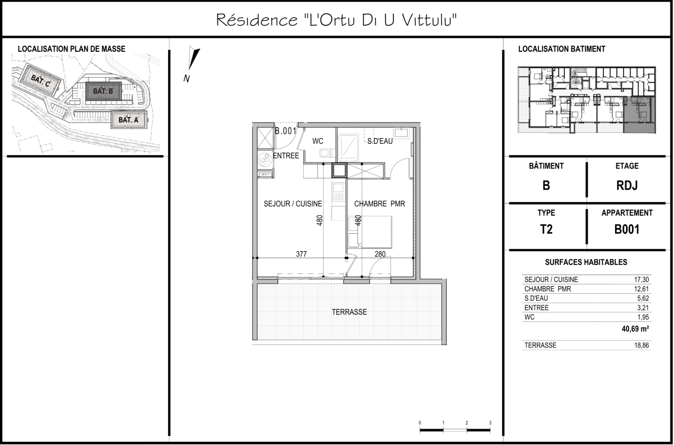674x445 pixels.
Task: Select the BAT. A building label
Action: pyautogui.click(x=129, y=120)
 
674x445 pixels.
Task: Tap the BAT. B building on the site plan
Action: pyautogui.click(x=103, y=91)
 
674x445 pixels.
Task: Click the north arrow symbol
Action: pyautogui.click(x=194, y=59)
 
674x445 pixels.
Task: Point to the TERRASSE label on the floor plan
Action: pyautogui.click(x=349, y=312)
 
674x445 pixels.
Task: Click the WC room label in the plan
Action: pyautogui.click(x=318, y=141)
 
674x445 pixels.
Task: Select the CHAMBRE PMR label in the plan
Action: pyautogui.click(x=379, y=204)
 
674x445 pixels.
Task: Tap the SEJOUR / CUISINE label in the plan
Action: pyautogui.click(x=293, y=204)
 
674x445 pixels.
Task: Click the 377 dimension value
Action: pyautogui.click(x=301, y=254)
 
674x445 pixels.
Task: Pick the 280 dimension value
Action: pyautogui.click(x=380, y=254)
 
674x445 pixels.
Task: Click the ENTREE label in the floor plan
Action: pyautogui.click(x=286, y=156)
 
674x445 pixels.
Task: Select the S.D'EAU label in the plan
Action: pyautogui.click(x=380, y=141)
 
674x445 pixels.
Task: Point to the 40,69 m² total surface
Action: pyautogui.click(x=635, y=329)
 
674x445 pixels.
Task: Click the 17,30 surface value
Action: pyautogui.click(x=641, y=279)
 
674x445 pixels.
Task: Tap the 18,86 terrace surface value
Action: pyautogui.click(x=641, y=345)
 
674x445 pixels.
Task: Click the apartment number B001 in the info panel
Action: pyautogui.click(x=627, y=230)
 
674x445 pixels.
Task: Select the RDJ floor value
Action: pyautogui.click(x=627, y=185)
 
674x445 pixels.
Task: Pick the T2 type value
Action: pyautogui.click(x=546, y=230)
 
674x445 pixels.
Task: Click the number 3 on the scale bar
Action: pyautogui.click(x=490, y=423)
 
